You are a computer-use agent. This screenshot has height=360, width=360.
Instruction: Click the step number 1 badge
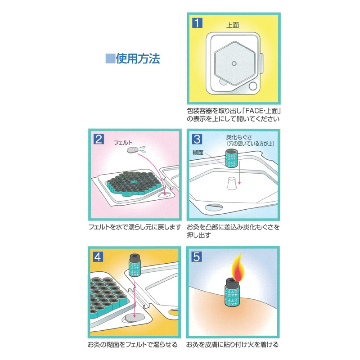(197, 23)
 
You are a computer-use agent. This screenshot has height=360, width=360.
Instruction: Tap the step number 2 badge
(99, 139)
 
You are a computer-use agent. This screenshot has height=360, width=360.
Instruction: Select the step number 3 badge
(197, 139)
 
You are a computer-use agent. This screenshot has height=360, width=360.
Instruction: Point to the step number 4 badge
(98, 257)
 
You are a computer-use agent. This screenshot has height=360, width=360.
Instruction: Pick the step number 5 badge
(197, 257)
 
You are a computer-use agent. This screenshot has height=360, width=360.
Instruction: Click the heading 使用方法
(138, 59)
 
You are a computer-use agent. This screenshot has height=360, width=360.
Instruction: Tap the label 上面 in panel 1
(233, 25)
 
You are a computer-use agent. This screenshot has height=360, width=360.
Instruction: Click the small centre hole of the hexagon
(234, 63)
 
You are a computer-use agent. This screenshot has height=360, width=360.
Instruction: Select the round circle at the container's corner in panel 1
(253, 86)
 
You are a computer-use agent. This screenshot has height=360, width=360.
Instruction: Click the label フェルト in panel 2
(123, 143)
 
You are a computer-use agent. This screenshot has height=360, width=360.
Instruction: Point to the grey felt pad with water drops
(133, 150)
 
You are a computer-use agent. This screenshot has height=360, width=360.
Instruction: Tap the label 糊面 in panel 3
(198, 153)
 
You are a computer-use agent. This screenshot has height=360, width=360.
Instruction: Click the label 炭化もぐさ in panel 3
(239, 137)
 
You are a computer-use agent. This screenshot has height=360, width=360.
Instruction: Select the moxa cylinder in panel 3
(231, 158)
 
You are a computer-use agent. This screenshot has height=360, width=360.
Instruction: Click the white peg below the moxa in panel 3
(232, 183)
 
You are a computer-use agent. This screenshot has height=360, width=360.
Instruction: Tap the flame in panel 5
(238, 267)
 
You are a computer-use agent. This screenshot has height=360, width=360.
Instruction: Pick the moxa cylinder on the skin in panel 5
(232, 292)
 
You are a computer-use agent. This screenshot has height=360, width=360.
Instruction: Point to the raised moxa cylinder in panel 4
(135, 265)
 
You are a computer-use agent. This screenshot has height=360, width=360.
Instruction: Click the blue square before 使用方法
(110, 59)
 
